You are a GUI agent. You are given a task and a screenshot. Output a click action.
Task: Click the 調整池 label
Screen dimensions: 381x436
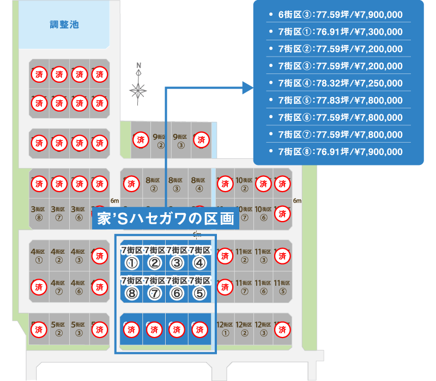64,25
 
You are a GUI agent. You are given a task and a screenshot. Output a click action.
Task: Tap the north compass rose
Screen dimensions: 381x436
138,87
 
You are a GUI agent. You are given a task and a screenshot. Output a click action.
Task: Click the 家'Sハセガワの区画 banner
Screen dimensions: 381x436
165,219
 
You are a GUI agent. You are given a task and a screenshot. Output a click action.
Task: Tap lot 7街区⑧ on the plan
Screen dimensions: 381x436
131,288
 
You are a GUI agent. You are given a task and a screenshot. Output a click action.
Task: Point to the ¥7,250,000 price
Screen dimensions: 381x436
378,83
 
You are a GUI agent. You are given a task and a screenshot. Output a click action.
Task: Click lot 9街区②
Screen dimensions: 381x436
160,141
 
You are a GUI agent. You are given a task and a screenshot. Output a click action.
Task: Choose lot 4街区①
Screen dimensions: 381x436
38,255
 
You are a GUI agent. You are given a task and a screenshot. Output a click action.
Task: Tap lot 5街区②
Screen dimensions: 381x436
59,328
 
